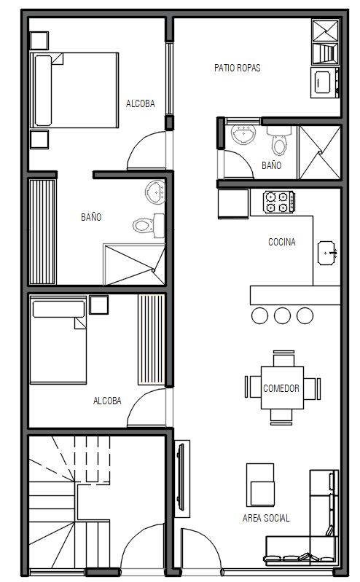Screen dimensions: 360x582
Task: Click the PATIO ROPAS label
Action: (x=238, y=68)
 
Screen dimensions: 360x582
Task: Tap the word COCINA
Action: (x=282, y=242)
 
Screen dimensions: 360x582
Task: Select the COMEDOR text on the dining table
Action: (x=281, y=388)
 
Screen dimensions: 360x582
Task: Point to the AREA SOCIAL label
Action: (x=266, y=518)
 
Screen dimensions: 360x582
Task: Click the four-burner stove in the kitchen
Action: (x=279, y=202)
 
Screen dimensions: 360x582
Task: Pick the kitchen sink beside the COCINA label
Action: (x=327, y=253)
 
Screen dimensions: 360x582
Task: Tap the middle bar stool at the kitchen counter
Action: (x=282, y=315)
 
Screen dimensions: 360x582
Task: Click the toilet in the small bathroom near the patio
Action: (x=279, y=141)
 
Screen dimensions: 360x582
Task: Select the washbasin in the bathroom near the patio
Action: (x=243, y=134)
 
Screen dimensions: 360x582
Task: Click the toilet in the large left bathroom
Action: (x=149, y=225)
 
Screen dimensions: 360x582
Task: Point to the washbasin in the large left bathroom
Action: (x=155, y=192)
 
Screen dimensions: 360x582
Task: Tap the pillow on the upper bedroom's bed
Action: (x=43, y=90)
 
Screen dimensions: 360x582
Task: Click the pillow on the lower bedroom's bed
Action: (x=59, y=309)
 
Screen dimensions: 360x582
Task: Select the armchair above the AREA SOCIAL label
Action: (x=260, y=484)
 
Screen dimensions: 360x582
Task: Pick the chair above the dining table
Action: (x=283, y=358)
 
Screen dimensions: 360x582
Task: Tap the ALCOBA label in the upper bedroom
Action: (x=141, y=103)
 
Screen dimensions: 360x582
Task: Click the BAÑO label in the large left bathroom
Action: (x=91, y=217)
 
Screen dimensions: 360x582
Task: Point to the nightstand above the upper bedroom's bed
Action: (x=39, y=41)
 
